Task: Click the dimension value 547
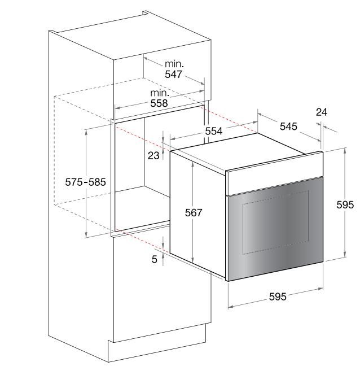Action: [x=173, y=74]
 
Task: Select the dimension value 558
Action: [x=159, y=103]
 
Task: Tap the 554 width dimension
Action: [x=214, y=131]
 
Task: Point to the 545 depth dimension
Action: [x=288, y=127]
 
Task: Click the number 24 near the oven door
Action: [x=322, y=112]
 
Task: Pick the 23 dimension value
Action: [x=153, y=155]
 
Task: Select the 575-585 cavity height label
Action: [x=85, y=182]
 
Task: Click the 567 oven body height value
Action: [x=194, y=212]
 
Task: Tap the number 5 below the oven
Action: [x=155, y=259]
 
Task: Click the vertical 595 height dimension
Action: [x=345, y=204]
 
